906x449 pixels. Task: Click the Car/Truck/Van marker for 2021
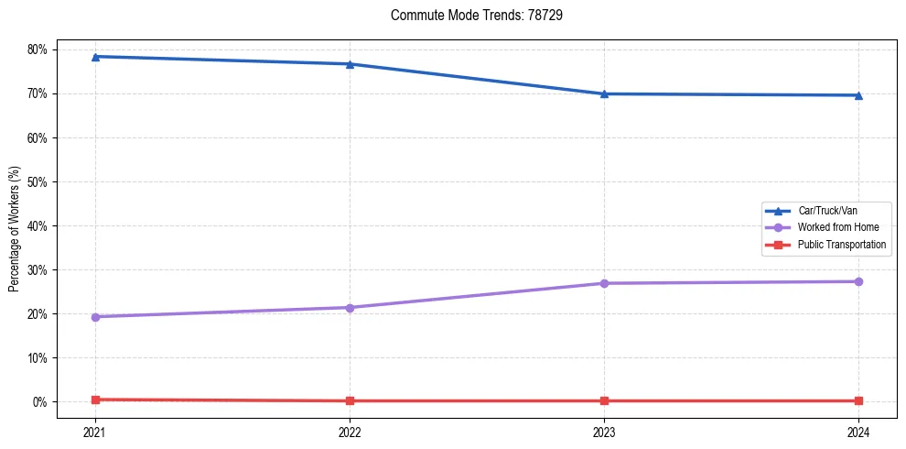point(95,57)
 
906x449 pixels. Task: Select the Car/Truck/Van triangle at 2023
point(604,93)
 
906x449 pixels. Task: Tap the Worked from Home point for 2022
point(350,307)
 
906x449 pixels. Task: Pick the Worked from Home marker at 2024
point(858,281)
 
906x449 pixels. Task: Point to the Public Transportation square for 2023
point(604,400)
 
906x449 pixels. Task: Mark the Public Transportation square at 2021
point(95,400)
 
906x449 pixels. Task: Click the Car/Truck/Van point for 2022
point(350,64)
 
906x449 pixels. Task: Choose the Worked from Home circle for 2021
point(95,317)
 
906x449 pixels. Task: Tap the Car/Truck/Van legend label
point(827,211)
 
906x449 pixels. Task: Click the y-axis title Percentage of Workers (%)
point(15,229)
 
